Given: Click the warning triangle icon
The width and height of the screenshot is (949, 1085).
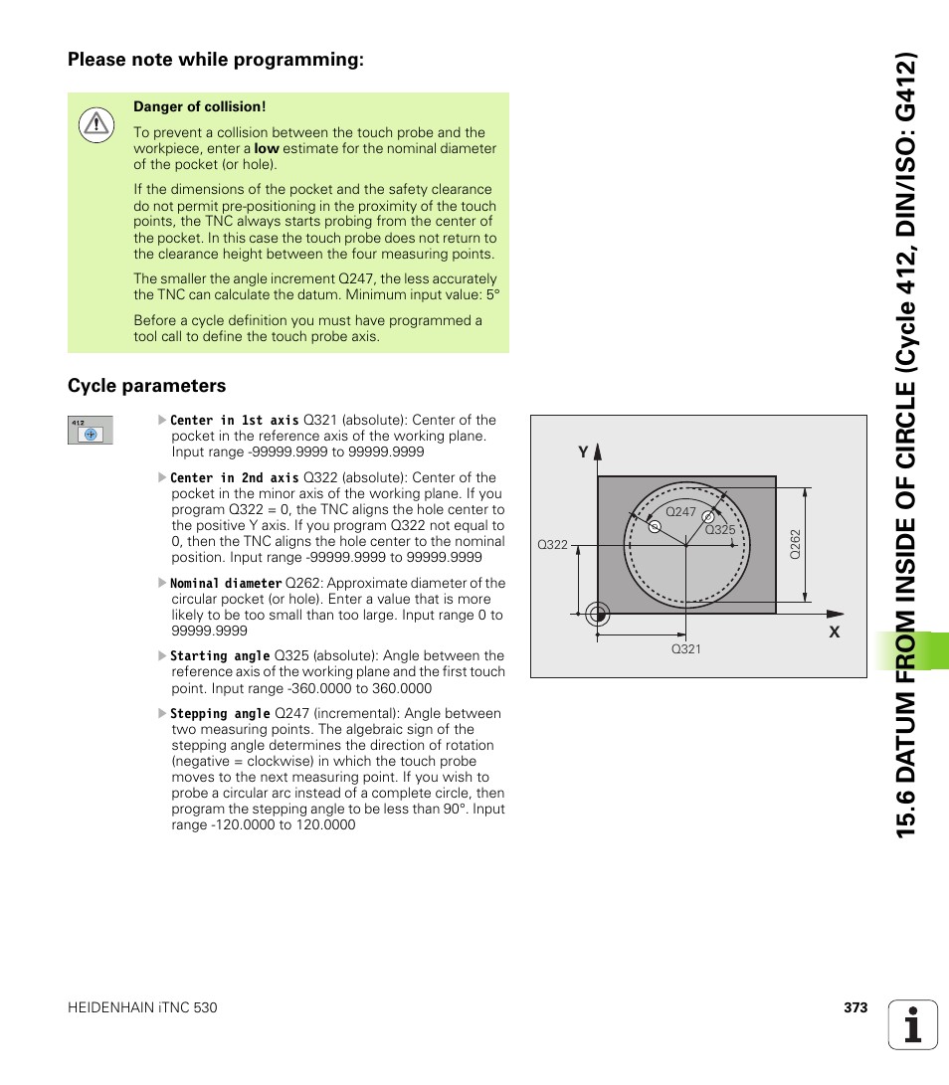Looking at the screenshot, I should (x=95, y=123).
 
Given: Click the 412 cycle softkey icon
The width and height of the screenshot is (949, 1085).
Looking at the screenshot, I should (x=90, y=430).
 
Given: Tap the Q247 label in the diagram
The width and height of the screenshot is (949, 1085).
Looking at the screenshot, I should (x=680, y=511).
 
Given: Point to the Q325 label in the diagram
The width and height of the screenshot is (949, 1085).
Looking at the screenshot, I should (x=719, y=529).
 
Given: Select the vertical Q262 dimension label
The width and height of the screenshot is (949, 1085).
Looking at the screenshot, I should (x=795, y=544).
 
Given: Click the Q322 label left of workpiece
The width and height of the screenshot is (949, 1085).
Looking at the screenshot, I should (x=552, y=545).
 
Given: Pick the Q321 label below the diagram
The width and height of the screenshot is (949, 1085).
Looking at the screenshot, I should (x=685, y=648).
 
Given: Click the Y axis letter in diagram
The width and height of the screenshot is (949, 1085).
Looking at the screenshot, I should (x=584, y=452).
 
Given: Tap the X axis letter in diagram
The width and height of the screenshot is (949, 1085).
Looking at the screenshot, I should (x=835, y=632).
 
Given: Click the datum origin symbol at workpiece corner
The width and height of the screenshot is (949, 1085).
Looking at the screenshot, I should (x=597, y=614).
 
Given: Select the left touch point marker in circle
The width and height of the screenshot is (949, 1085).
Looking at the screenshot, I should (x=655, y=527).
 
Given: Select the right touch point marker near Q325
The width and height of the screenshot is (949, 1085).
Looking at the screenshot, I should (x=708, y=517).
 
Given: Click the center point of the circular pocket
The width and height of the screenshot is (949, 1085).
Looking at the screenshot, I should (x=685, y=544).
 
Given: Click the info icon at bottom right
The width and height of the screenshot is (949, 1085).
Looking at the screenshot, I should (x=913, y=1024).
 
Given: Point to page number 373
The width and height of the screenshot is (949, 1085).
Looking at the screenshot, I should (x=855, y=1007).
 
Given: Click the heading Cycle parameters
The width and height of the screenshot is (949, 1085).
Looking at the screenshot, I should (x=146, y=386).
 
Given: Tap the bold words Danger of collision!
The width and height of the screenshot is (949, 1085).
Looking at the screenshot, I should (x=199, y=106).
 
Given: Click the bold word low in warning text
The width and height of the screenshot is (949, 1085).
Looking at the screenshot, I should (x=266, y=148).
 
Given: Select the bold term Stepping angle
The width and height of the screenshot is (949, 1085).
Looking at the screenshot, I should (x=220, y=713).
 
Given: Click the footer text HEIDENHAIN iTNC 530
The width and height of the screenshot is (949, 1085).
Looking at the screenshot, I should (x=142, y=1007).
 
